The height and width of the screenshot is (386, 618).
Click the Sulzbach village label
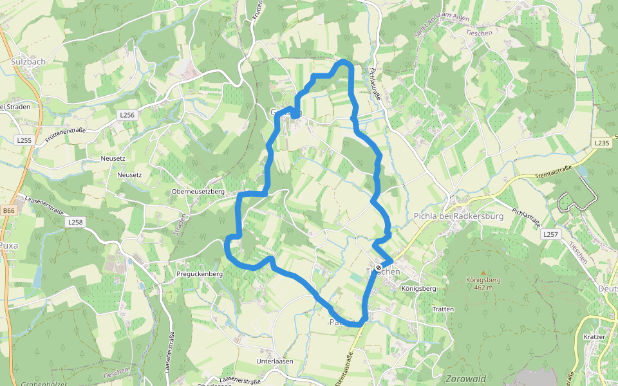pyautogui.click(x=28, y=62)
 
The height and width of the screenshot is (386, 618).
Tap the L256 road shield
pyautogui.click(x=127, y=115)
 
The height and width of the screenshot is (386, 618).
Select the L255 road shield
pyautogui.click(x=24, y=140)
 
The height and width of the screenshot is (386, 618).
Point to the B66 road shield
pyautogui.click(x=8, y=210)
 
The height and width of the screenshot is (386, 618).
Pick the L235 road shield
pyautogui.click(x=602, y=143)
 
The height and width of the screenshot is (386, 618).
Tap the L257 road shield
pyautogui.click(x=550, y=234)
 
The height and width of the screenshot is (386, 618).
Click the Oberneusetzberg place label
pyautogui.click(x=198, y=192)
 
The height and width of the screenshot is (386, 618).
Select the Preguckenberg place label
pyautogui.click(x=199, y=274)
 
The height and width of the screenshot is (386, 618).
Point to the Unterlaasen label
pyautogui.click(x=274, y=362)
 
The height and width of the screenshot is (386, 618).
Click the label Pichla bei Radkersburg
pyautogui.click(x=458, y=216)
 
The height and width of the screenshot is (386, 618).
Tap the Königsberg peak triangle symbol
pyautogui.click(x=483, y=273)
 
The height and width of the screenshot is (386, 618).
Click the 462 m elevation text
pyautogui.click(x=483, y=288)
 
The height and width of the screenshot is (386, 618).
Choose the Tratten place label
pyautogui.click(x=443, y=309)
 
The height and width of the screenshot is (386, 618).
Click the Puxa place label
pyautogui.click(x=8, y=246)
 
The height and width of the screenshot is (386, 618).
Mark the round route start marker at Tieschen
pyautogui.click(x=379, y=267)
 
